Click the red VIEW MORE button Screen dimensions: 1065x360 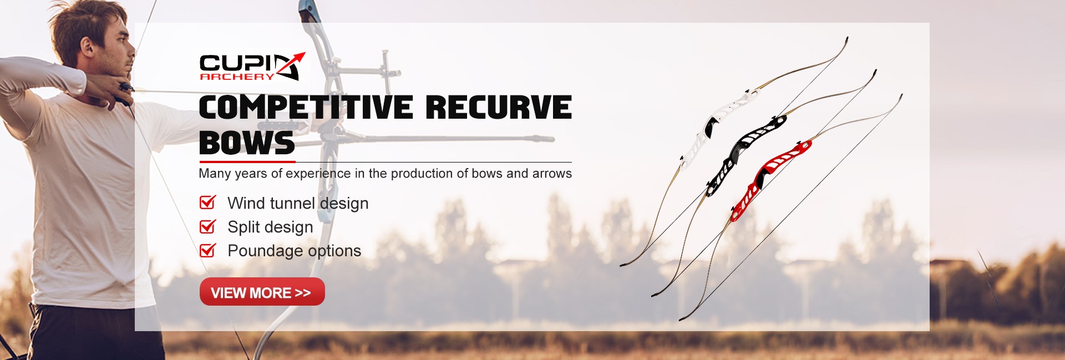(x=262, y=292)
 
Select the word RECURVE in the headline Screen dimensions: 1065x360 (x=499, y=107)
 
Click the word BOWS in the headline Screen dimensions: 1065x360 (x=247, y=143)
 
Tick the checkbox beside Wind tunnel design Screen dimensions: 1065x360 (x=207, y=202)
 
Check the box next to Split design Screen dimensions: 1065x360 (x=207, y=226)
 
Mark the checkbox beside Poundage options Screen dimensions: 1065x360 (x=207, y=250)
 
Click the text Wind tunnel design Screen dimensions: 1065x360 (x=298, y=204)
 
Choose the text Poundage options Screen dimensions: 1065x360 (x=294, y=251)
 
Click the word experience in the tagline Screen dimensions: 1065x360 (x=318, y=174)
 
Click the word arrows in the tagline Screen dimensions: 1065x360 (x=552, y=174)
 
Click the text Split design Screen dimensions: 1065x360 (x=270, y=227)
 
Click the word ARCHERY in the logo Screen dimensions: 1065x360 (x=237, y=77)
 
